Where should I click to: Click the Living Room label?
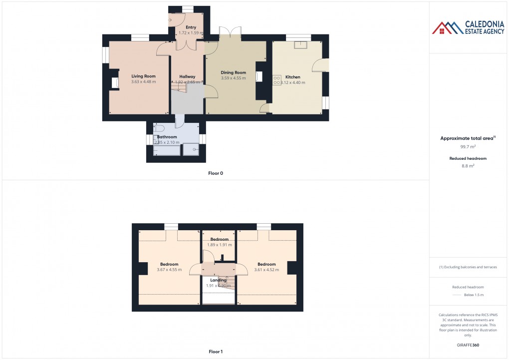[x=143, y=76]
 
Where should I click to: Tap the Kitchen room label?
[x=292, y=77]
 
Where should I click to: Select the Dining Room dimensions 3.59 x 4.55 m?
[x=234, y=78]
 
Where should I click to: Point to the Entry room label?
[x=191, y=27]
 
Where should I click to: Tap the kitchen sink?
[x=301, y=45]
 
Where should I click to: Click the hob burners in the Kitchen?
[x=277, y=80]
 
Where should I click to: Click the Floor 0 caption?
[x=216, y=173]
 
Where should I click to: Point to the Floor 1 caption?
[x=216, y=352]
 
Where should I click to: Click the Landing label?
[x=218, y=280]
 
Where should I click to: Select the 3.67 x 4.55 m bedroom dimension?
[x=169, y=270]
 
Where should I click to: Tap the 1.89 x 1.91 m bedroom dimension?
[x=220, y=245]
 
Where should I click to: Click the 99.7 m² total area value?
[x=468, y=147]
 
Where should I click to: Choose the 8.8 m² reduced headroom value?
[x=468, y=166]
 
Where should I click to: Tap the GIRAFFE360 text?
[x=468, y=345]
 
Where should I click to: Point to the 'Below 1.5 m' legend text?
[x=474, y=295]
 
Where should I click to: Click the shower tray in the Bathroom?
[x=191, y=149]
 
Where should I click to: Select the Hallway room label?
[x=187, y=76]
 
